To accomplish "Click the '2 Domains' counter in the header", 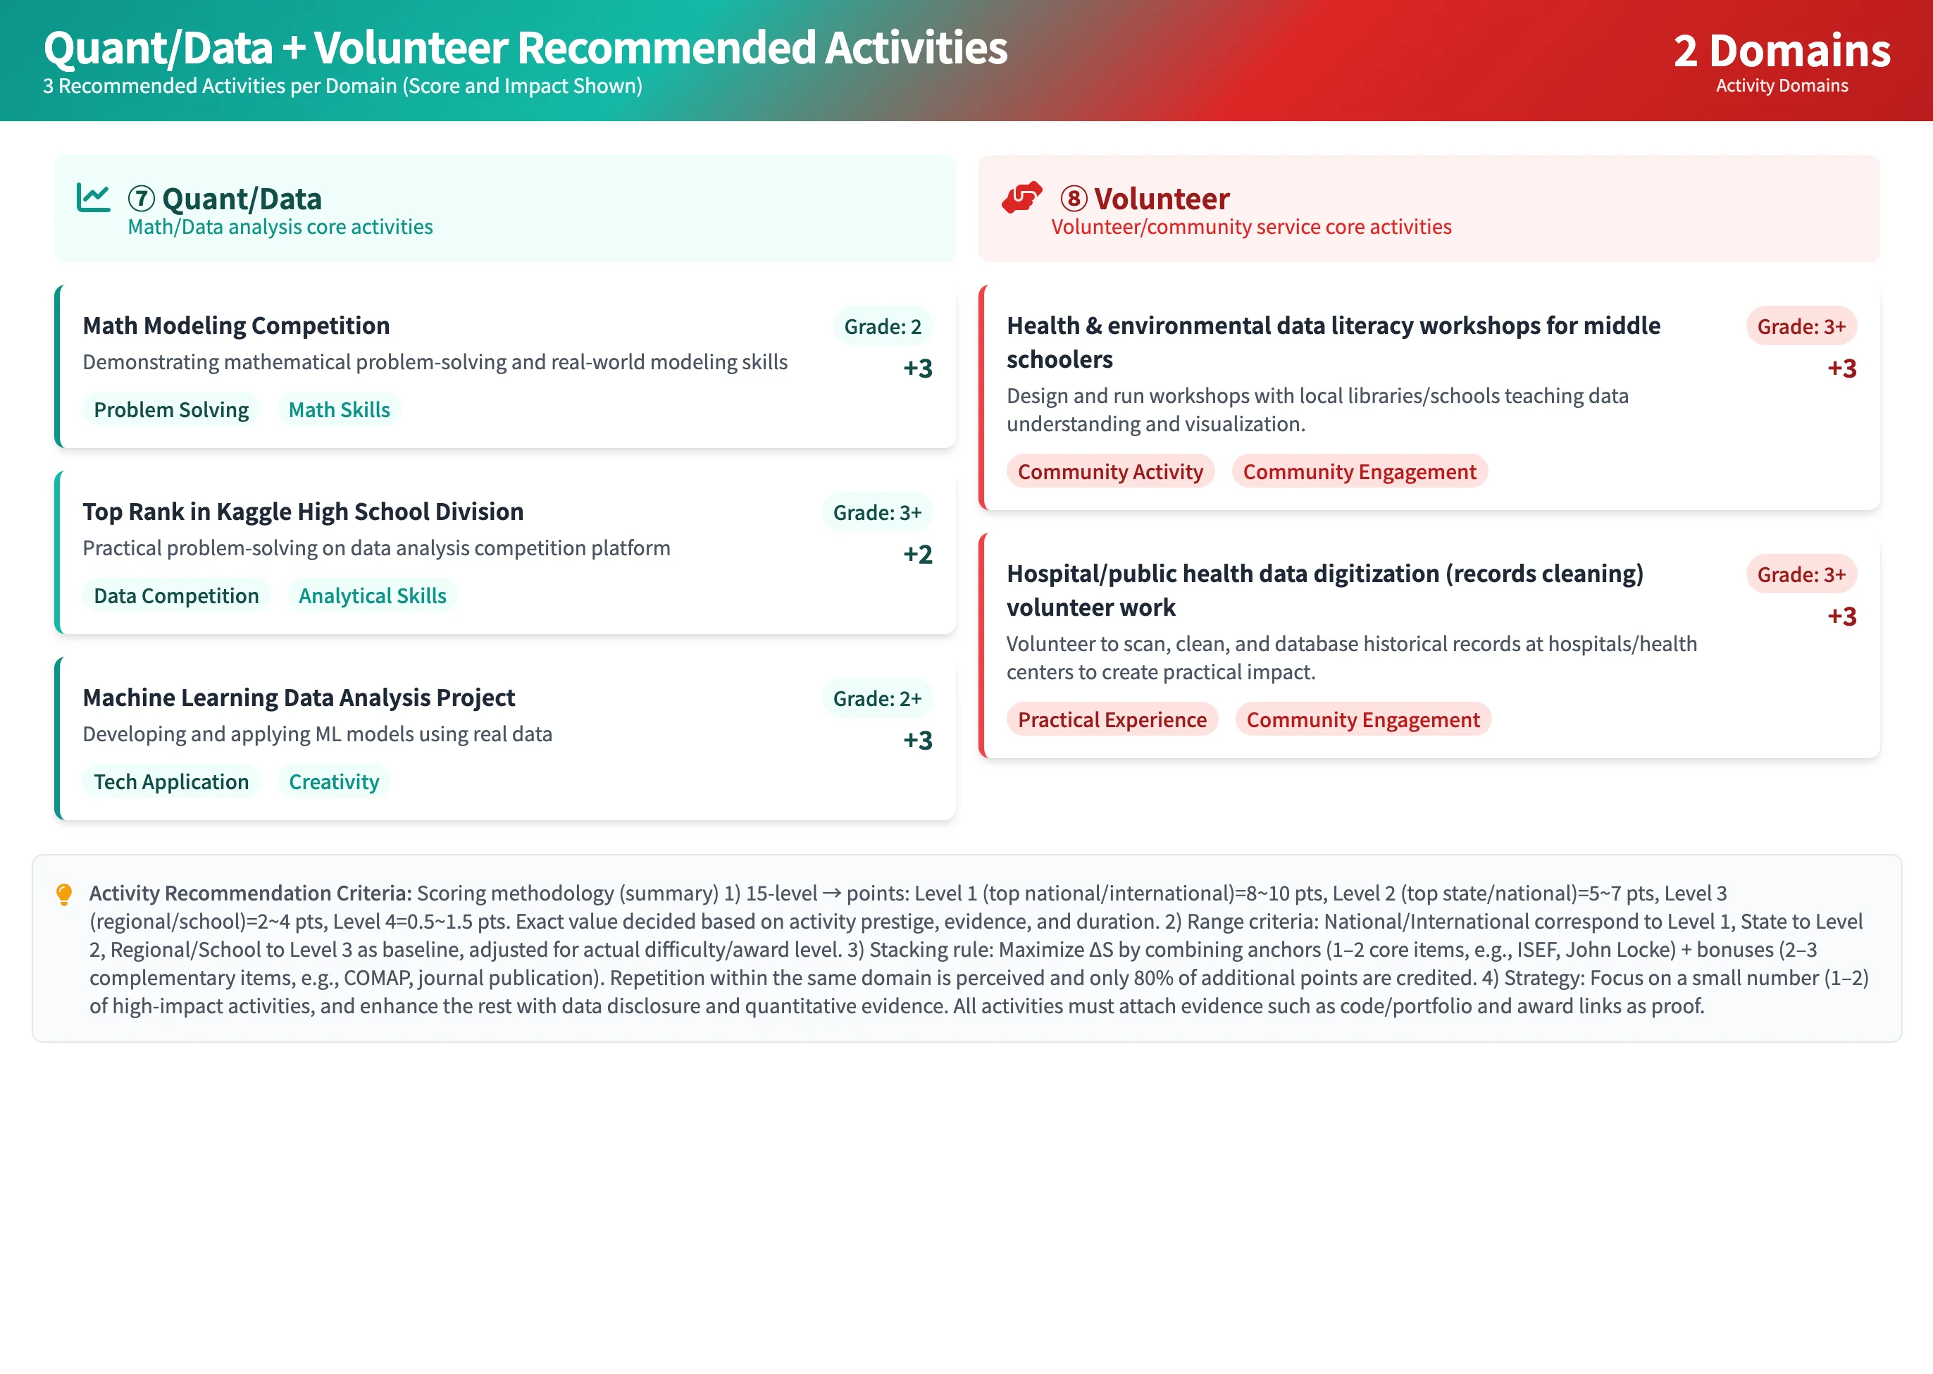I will [1781, 51].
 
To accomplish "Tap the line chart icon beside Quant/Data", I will [93, 198].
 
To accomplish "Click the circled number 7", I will [142, 199].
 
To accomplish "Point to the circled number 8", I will [1074, 199].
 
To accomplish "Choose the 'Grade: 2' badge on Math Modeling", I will [883, 326].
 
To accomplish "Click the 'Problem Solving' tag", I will [171, 409].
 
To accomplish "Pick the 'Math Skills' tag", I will [340, 409].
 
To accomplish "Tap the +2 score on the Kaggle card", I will [918, 554].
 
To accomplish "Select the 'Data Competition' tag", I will [176, 595].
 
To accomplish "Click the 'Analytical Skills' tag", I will [372, 595].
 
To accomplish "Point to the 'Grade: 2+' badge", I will [877, 699].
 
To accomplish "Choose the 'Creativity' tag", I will [334, 781].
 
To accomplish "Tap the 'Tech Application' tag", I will [171, 781].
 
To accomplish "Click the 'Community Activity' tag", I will [1110, 471].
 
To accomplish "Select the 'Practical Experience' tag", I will [1112, 720].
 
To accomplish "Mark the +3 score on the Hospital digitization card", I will [1841, 616].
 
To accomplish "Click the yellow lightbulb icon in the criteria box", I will [63, 894].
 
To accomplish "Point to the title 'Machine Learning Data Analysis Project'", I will [299, 698].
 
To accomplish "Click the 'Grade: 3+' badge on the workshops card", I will [1801, 326].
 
